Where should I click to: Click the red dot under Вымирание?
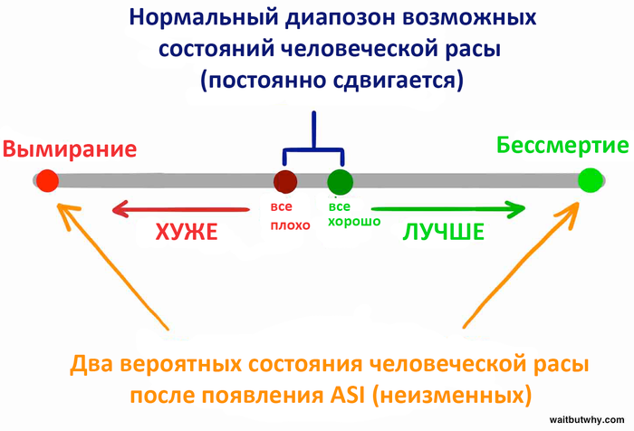(x=47, y=180)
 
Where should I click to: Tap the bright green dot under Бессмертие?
(x=591, y=180)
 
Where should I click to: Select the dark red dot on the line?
(x=286, y=180)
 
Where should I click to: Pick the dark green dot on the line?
(x=340, y=180)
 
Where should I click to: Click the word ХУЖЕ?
(x=187, y=232)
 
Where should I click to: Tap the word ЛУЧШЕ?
(x=443, y=232)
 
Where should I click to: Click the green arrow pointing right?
(x=449, y=210)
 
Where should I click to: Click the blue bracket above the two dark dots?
(x=313, y=145)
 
